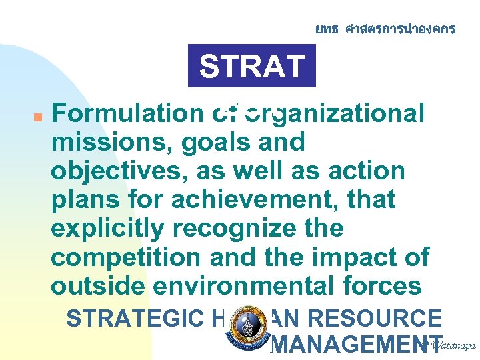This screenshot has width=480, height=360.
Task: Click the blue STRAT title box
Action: point(251,66)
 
